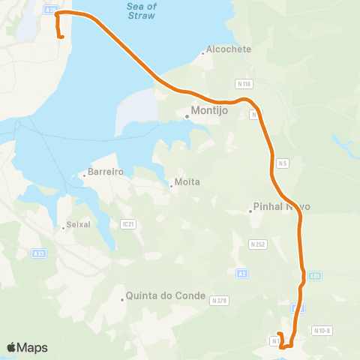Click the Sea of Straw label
(x=142, y=10)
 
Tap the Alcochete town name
(x=230, y=49)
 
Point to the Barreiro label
(x=104, y=172)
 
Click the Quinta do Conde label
(x=166, y=295)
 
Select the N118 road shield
(x=243, y=83)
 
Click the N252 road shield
(x=258, y=244)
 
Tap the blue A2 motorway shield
(x=241, y=273)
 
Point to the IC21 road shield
(x=127, y=223)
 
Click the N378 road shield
(x=219, y=300)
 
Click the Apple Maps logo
(x=27, y=347)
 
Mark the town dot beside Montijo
(x=187, y=116)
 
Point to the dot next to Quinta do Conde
(x=122, y=300)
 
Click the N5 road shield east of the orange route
(x=283, y=163)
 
